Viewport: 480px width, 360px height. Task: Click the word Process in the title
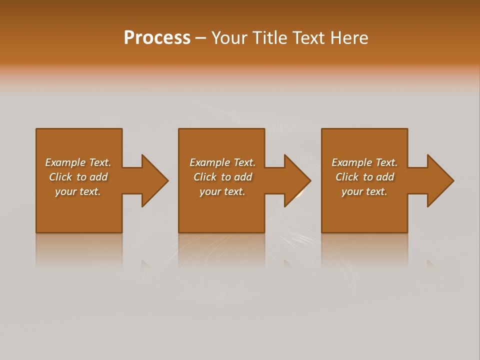157,38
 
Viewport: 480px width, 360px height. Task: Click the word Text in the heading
310,38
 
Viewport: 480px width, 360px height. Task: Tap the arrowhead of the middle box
296,180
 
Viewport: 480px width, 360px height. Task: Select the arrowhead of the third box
439,180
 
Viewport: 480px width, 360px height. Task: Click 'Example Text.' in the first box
78,162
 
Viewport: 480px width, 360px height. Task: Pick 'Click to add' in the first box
78,177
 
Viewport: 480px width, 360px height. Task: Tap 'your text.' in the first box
78,191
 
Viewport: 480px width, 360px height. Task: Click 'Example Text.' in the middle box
222,162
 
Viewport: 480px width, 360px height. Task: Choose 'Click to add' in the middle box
222,177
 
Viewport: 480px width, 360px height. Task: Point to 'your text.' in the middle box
222,191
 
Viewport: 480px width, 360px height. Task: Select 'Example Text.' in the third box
364,162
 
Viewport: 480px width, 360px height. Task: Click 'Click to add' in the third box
364,177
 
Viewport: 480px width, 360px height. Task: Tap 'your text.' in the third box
364,191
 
